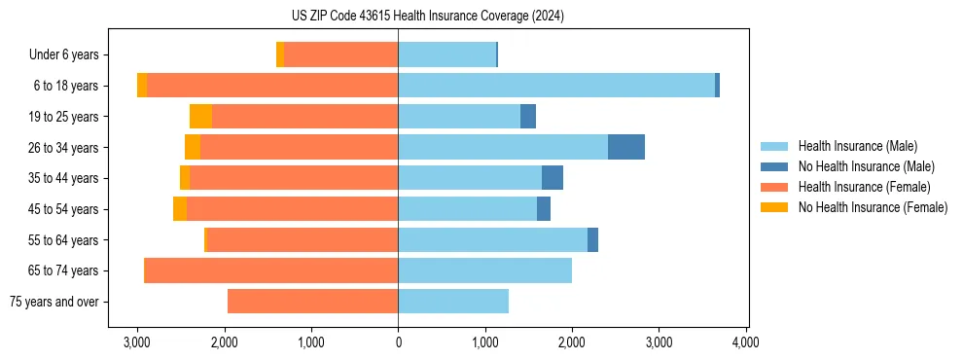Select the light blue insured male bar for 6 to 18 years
click(556, 86)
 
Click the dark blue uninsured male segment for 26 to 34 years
click(625, 147)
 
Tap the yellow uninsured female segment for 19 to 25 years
click(200, 117)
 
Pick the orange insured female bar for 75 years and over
click(312, 302)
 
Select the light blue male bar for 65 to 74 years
click(484, 270)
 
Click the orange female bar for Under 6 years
click(340, 54)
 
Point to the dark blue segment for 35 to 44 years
click(552, 178)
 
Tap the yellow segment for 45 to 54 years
click(180, 209)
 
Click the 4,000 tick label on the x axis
click(745, 342)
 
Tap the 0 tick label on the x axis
click(398, 342)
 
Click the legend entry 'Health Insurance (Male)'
click(857, 146)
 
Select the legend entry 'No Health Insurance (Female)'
click(873, 207)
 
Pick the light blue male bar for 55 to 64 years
click(492, 240)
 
